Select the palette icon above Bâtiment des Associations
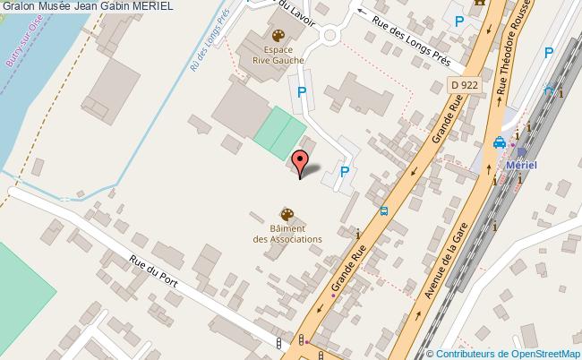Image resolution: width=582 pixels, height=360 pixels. click(287, 214)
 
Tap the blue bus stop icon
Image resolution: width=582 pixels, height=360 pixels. click(384, 211)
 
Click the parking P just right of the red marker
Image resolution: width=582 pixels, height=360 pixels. click(345, 172)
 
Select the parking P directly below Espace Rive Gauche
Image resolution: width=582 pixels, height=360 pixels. click(302, 91)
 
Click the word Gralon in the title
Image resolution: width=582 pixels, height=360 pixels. click(18, 6)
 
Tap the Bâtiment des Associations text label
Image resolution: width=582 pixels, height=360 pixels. click(287, 235)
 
